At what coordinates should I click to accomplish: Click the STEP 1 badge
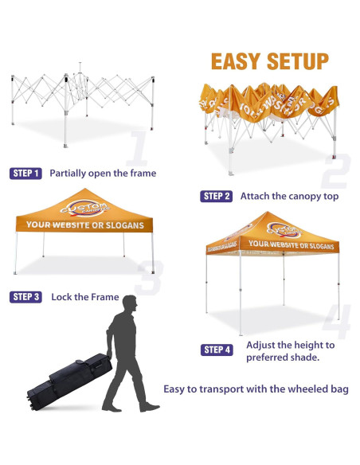click(x=25, y=173)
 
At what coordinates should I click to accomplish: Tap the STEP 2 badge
click(x=217, y=196)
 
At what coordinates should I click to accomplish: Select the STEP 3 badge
click(x=25, y=297)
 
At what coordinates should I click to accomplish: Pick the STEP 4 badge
click(x=217, y=350)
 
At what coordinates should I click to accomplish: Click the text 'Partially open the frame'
click(x=103, y=173)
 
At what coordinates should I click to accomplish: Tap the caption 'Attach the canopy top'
click(x=288, y=196)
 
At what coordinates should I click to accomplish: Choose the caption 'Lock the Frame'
click(x=85, y=297)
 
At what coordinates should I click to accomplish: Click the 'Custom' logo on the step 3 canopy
click(x=84, y=208)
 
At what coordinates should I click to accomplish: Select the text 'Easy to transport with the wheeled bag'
click(x=256, y=389)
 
